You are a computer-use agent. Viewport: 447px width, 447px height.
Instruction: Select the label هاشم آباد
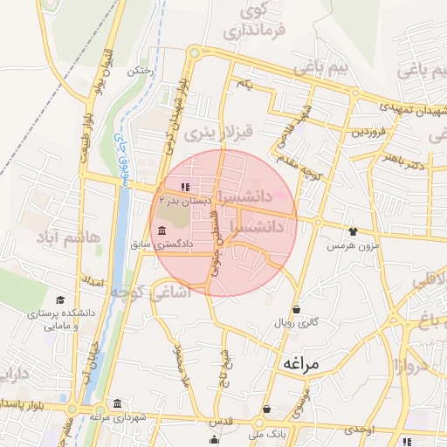point(70,237)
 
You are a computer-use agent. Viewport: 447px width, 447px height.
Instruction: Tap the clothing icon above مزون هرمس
point(352,231)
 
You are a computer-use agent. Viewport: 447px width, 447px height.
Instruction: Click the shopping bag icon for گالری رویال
point(297,309)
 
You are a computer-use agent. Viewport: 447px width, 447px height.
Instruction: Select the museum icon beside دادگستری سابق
point(162,230)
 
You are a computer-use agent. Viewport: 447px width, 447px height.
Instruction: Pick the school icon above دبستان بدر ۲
point(184,187)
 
